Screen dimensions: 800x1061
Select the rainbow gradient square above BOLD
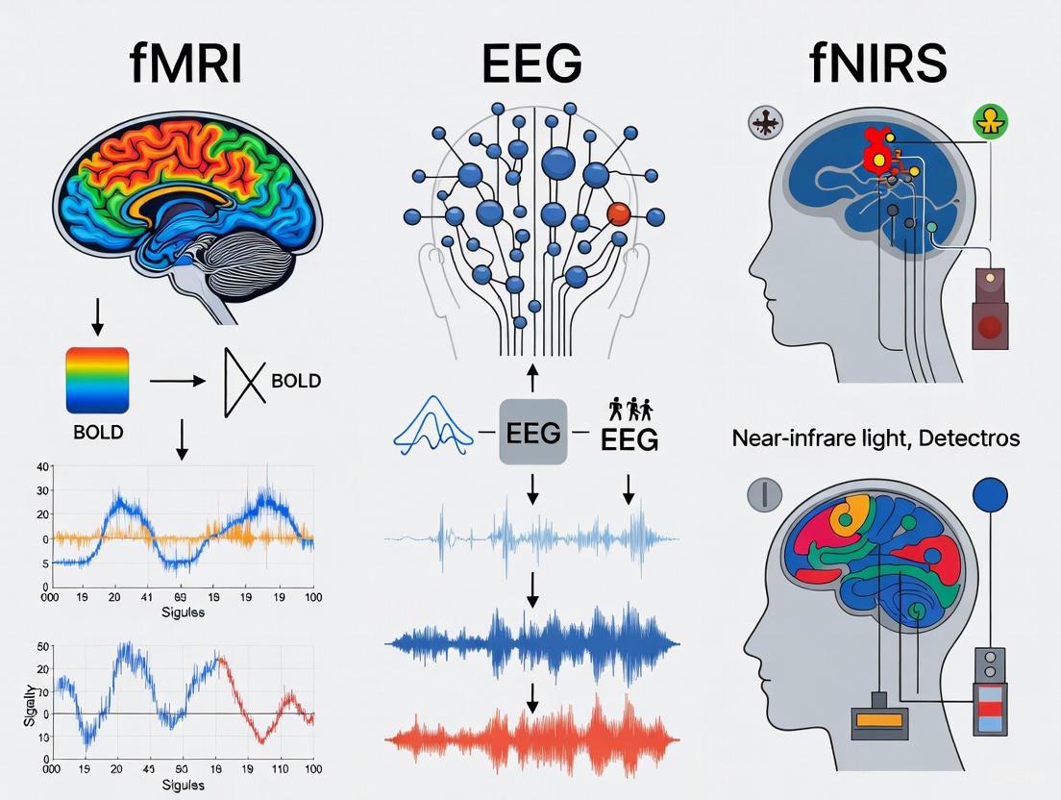pyautogui.click(x=97, y=381)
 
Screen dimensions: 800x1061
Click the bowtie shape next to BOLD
pyautogui.click(x=243, y=382)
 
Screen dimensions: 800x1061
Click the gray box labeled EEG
pyautogui.click(x=532, y=433)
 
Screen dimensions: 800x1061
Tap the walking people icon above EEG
pyautogui.click(x=629, y=409)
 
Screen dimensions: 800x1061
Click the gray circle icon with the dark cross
pyautogui.click(x=766, y=122)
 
